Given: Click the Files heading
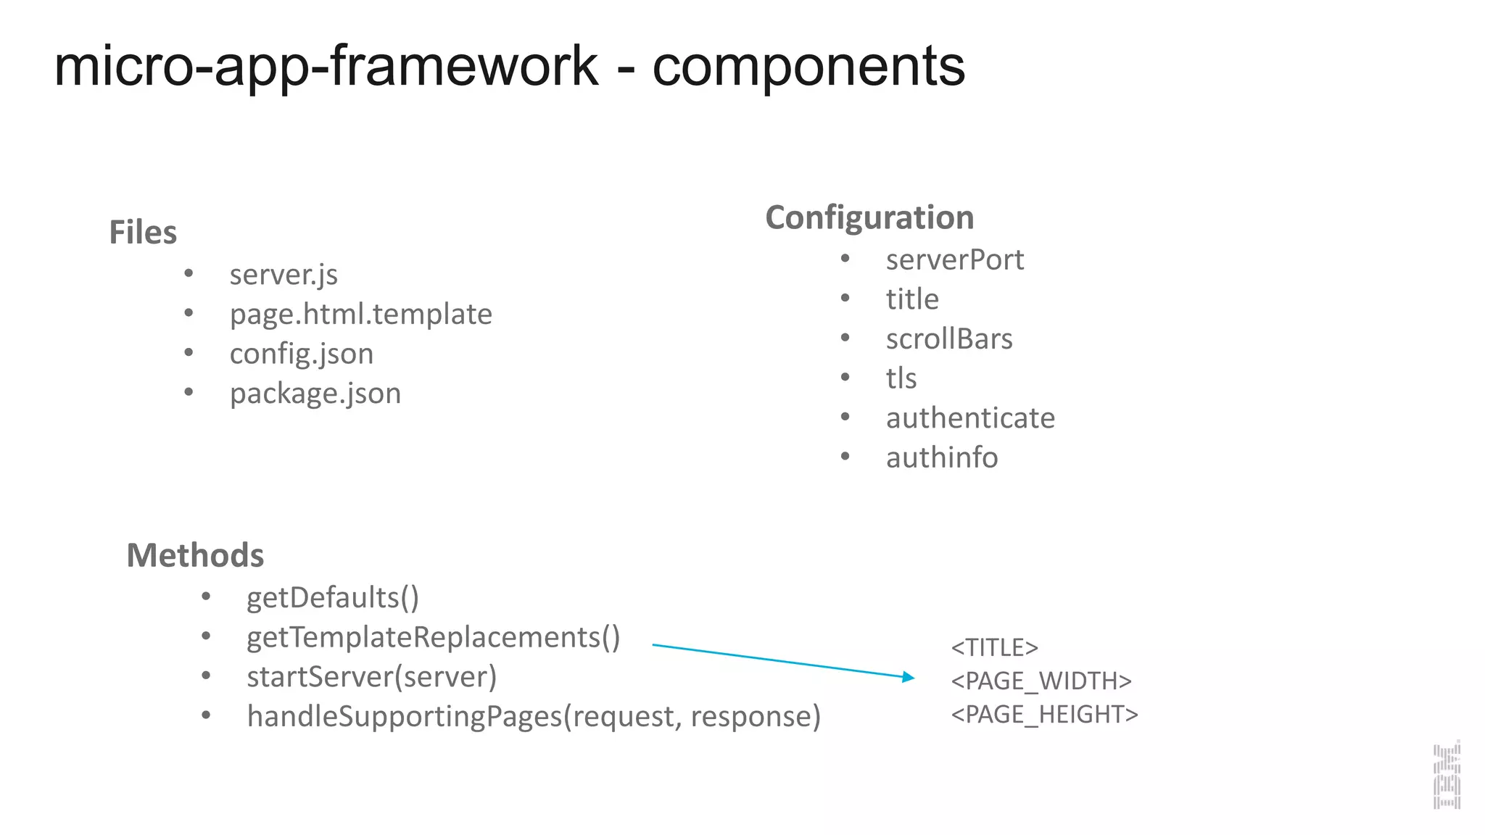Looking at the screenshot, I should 143,233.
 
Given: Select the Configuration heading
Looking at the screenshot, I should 869,217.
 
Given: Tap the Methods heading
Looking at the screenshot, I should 195,555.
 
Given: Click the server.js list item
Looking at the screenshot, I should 284,275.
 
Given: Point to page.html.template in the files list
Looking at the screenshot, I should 360,315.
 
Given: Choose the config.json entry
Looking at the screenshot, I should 302,354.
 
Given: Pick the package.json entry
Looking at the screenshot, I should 315,394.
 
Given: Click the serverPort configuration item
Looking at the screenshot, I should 954,259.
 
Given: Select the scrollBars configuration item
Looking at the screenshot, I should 948,339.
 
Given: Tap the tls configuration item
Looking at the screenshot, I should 901,378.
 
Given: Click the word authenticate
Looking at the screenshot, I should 970,418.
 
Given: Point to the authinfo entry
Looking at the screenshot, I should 942,457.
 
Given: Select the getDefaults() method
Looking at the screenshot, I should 333,598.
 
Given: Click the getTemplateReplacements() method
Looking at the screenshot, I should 433,637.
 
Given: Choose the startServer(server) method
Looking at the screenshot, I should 371,677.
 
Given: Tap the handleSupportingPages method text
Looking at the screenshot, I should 533,716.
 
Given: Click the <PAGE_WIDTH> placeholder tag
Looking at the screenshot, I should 1041,681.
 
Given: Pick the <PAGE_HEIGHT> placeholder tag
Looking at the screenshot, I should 1044,715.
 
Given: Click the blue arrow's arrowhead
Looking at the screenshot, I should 909,677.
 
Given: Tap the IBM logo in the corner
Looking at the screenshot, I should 1447,775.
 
